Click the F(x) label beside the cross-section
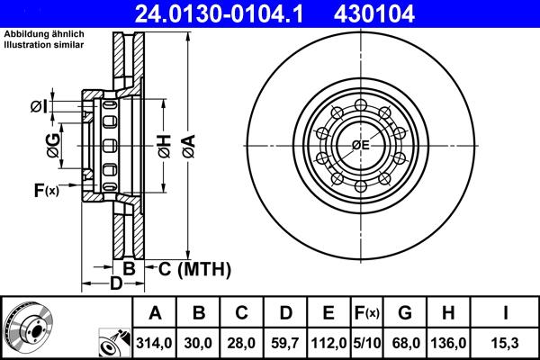pos(46,190)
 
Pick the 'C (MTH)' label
pos(194,268)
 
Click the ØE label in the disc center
pos(361,146)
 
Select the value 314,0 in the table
pos(154,343)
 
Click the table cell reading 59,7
pos(285,343)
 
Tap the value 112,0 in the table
pos(328,343)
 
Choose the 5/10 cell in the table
pos(367,343)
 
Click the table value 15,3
pos(506,343)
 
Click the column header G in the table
pos(406,313)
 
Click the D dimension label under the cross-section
pos(115,284)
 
